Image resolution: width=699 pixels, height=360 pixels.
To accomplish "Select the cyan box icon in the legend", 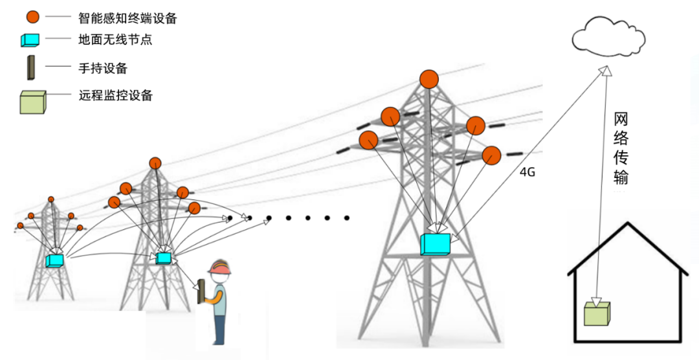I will (x=30, y=39).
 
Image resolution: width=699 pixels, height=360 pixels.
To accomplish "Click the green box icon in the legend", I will (x=32, y=102).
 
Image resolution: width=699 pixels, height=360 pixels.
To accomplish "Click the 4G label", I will (x=528, y=172).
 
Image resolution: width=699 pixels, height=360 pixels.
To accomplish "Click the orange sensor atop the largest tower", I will (x=428, y=80).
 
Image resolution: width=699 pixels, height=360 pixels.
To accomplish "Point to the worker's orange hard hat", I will (x=221, y=267).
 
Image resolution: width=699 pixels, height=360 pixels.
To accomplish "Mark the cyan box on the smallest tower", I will (x=54, y=261).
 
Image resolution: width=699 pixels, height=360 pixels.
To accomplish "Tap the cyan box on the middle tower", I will (x=164, y=258).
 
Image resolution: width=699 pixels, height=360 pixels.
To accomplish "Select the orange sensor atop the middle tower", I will (x=155, y=163).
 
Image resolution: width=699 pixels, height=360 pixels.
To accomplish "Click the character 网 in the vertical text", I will (x=620, y=120).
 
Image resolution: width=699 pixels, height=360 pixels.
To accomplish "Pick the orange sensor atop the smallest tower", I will (x=51, y=199).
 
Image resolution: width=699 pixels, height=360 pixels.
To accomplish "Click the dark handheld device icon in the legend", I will (x=30, y=68).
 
